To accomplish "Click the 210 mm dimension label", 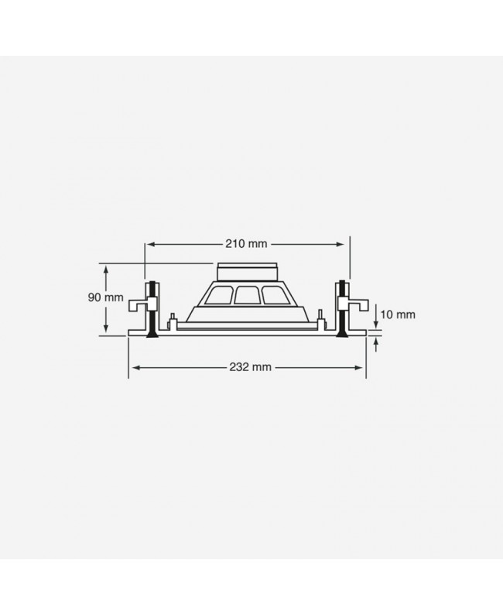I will [247, 244].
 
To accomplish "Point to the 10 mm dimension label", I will [399, 314].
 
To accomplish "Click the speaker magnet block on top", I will [247, 273].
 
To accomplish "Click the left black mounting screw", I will [153, 310].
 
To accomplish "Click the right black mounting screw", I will [341, 310].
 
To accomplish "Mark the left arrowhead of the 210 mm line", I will [149, 244].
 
